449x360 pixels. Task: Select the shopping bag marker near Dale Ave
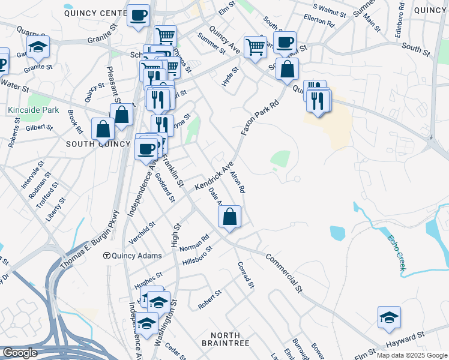click(229, 217)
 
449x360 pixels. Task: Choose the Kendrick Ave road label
click(212, 177)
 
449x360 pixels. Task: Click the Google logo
click(20, 353)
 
